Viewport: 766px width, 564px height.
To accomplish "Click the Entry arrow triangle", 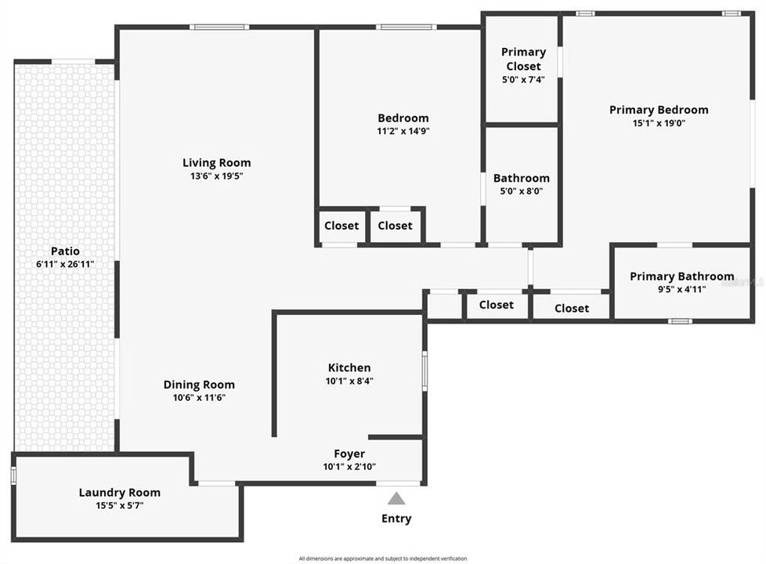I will tap(397, 498).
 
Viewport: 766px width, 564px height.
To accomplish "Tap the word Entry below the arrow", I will tap(396, 519).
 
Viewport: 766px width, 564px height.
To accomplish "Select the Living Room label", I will tap(217, 163).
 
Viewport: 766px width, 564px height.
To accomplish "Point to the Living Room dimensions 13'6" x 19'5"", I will tap(217, 176).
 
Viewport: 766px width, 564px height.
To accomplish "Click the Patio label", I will tap(65, 251).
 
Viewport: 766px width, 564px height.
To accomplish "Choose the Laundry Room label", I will tap(120, 493).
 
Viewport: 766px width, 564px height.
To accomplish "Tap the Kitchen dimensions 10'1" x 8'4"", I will tap(349, 381).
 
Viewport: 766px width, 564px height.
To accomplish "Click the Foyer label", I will tap(349, 454).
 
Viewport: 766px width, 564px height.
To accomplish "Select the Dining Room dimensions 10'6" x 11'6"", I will tap(199, 397).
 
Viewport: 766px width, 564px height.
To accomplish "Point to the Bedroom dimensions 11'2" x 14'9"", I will tap(403, 131).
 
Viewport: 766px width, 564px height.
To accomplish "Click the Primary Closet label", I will tap(523, 59).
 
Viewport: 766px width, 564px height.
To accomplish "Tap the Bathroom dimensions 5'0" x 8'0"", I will tap(522, 190).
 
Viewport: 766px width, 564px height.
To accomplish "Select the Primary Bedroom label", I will tap(659, 110).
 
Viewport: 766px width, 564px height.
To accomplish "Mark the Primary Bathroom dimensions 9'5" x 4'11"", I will tap(682, 288).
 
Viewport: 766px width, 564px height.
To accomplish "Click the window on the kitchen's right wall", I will tap(425, 371).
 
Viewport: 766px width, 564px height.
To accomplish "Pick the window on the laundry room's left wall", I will tap(13, 475).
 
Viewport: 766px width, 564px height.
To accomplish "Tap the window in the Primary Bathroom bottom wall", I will tap(680, 320).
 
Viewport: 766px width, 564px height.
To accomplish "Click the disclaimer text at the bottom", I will tap(383, 559).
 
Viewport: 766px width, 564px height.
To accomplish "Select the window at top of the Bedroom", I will tap(405, 27).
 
